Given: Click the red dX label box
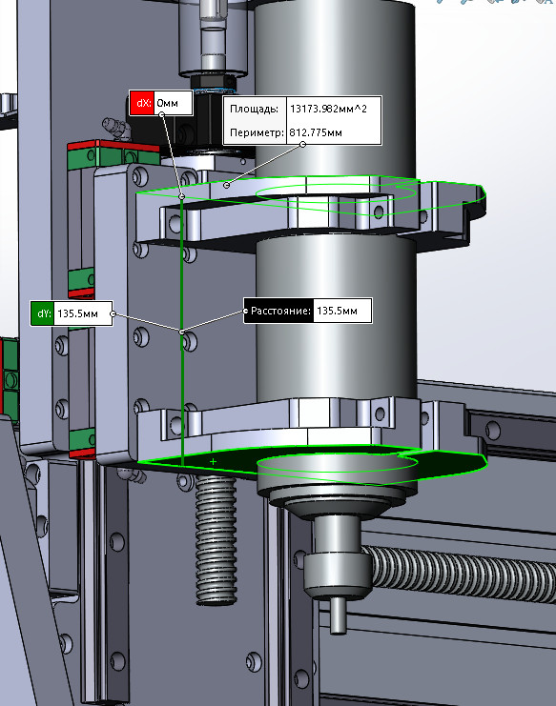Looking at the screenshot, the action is tap(142, 103).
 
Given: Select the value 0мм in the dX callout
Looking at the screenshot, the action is tap(167, 103).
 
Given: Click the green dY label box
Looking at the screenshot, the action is tap(42, 313).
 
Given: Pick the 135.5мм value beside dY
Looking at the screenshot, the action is tap(78, 313).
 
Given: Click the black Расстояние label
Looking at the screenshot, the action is tap(278, 311).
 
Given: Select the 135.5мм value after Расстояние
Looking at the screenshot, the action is tap(337, 311).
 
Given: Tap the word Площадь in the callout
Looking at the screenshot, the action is tap(254, 109).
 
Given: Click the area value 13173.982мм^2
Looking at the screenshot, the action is tap(328, 109).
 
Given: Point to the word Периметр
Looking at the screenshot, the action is tap(257, 132).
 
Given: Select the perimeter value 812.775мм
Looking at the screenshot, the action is tap(316, 132).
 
